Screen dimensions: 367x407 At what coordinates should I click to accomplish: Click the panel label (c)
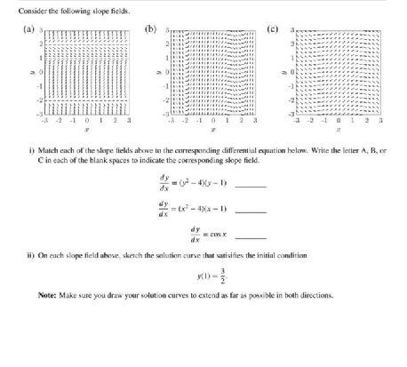point(280,29)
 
